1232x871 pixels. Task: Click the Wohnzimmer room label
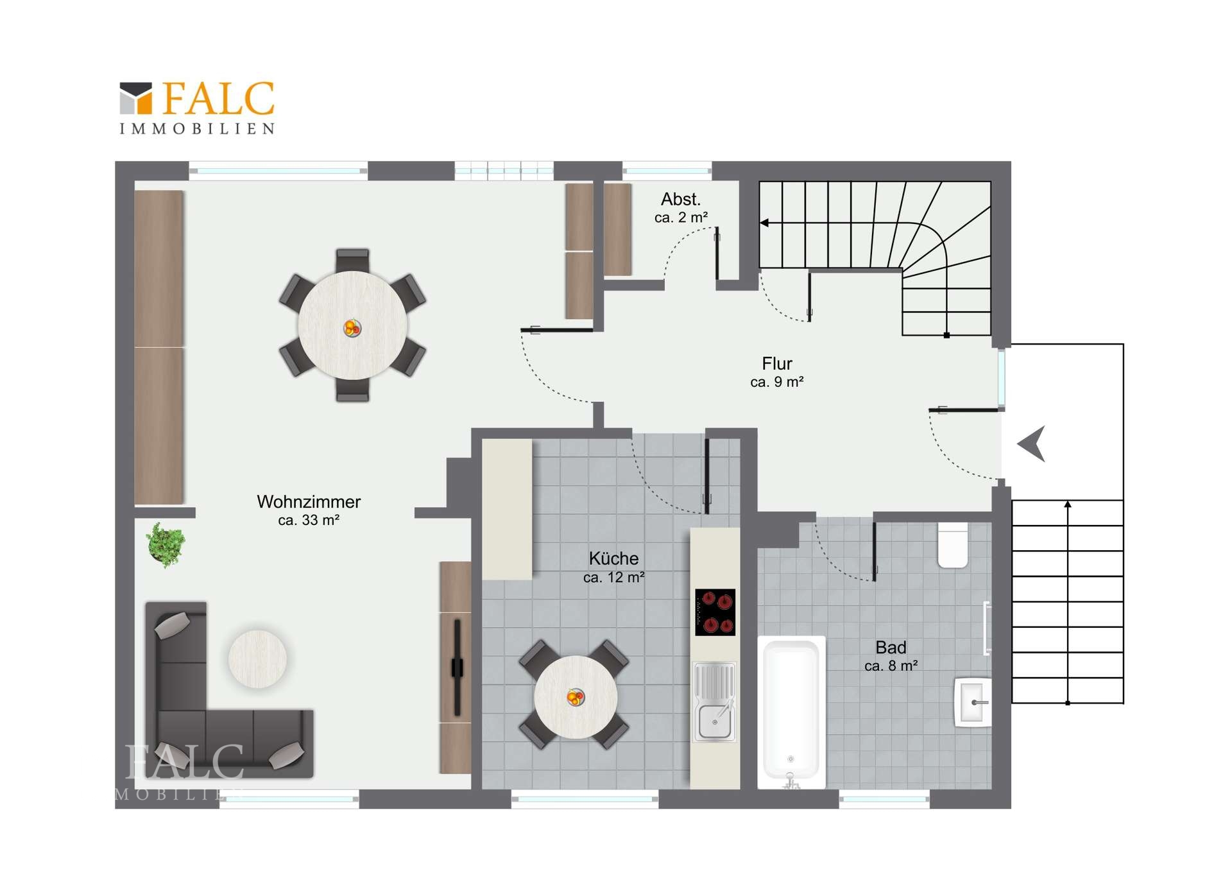pos(309,502)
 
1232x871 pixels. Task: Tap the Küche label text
pos(613,558)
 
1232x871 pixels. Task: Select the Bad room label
pos(891,648)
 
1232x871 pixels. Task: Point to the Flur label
pos(777,364)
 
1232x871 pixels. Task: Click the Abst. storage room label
pos(681,200)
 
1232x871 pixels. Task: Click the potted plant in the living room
pos(166,545)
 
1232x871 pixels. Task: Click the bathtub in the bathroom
pos(791,712)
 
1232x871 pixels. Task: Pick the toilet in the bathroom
pos(953,546)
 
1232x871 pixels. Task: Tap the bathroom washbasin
pos(973,702)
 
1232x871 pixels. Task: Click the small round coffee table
pos(257,659)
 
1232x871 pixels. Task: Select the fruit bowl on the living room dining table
pos(352,328)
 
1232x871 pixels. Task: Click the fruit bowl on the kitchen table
pos(576,696)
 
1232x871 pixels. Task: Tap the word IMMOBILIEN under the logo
pos(198,129)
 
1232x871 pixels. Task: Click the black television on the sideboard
pos(457,668)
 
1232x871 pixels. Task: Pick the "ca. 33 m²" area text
pos(309,520)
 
